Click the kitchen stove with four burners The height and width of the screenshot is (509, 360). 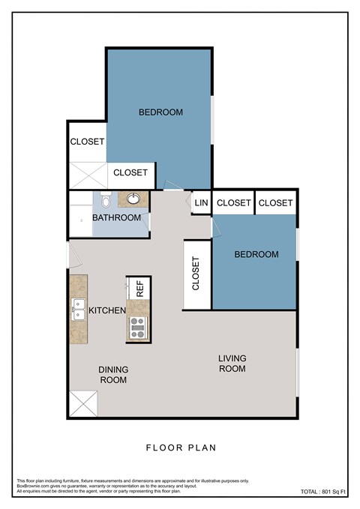137,328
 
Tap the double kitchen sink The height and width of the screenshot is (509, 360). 78,309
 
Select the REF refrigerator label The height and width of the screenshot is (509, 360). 139,288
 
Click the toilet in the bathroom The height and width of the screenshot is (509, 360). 106,202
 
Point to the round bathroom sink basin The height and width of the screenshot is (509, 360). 133,199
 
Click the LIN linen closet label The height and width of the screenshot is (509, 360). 200,203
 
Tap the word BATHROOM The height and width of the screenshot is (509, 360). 116,218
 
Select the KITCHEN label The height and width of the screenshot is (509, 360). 107,310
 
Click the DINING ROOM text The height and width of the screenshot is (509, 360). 112,375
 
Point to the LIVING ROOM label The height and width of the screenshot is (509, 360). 232,364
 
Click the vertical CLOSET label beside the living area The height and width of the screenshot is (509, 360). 196,274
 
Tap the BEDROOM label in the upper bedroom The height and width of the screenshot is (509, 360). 160,112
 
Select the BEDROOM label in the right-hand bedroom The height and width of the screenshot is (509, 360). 256,255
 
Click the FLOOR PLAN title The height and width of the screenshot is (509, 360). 180,448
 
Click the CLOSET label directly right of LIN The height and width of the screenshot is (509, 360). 233,203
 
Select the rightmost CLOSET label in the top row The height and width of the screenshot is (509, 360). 275,203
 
